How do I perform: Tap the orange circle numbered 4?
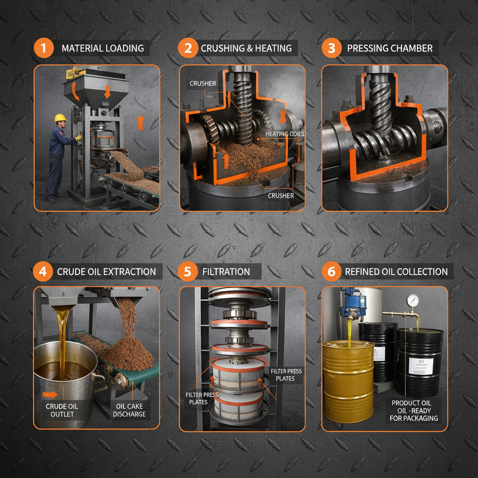point(42,272)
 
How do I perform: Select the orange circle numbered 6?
point(331,272)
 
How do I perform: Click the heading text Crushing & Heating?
point(246,49)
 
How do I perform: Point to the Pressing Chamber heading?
point(390,49)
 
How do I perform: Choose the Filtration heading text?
point(226,272)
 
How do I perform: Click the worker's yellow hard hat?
point(60,118)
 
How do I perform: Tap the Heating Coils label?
point(284,134)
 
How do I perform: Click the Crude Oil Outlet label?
point(62,410)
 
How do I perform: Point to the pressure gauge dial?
point(413,299)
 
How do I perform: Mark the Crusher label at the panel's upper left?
point(203,84)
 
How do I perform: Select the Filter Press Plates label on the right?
point(286,374)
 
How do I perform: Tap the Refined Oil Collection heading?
point(396,272)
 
